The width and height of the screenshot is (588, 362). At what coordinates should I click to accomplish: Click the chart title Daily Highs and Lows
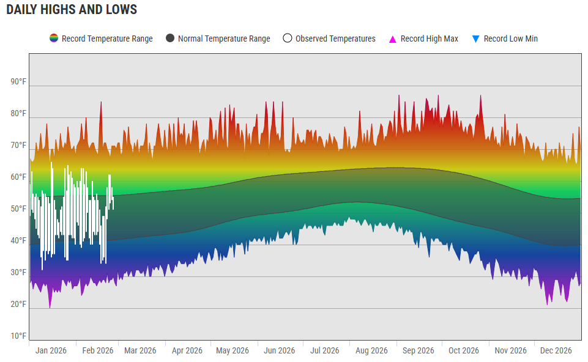click(x=72, y=10)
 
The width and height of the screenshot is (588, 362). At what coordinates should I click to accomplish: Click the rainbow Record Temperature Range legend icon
click(x=54, y=39)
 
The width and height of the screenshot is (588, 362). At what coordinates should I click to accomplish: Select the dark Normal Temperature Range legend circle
click(x=170, y=39)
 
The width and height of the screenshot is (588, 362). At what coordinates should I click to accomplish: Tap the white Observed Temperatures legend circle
click(x=288, y=39)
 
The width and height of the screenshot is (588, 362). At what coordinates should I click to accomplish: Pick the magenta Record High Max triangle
click(x=393, y=39)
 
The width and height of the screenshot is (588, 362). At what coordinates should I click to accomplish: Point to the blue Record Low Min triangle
click(x=476, y=39)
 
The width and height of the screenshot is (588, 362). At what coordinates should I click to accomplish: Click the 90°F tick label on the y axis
click(x=18, y=82)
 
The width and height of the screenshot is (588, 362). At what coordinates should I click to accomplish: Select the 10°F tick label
click(x=18, y=336)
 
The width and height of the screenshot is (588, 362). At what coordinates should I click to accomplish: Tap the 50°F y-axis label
click(x=18, y=209)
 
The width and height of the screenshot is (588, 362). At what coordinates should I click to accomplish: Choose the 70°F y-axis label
click(x=18, y=146)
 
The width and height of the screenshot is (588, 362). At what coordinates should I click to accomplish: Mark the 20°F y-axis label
click(x=18, y=304)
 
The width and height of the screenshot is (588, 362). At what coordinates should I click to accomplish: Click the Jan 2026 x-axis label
click(x=51, y=350)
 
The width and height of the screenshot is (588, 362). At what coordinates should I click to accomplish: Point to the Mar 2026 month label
click(x=140, y=350)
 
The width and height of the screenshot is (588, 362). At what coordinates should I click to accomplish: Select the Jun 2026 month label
click(x=280, y=350)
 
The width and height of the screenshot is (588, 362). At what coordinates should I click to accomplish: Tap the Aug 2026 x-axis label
click(x=371, y=350)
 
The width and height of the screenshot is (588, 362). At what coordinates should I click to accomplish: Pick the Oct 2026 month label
click(x=464, y=350)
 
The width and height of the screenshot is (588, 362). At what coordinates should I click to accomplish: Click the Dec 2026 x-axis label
click(x=556, y=350)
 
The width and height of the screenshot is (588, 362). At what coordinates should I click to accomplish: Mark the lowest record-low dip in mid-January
click(x=50, y=306)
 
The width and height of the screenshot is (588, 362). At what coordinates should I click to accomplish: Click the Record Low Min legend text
click(x=510, y=39)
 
